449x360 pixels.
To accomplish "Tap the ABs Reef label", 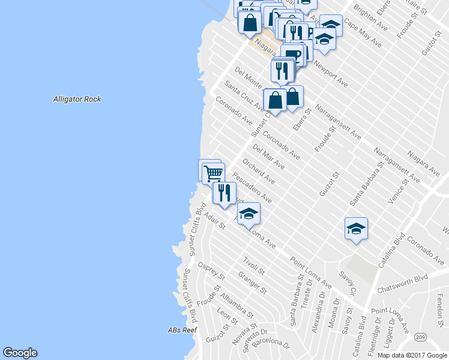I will point(182,330).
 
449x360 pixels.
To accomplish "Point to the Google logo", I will point(20,353).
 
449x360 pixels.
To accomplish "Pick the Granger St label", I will point(252,283).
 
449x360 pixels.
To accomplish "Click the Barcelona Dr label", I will point(271,344).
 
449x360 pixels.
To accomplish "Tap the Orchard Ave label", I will point(259,172).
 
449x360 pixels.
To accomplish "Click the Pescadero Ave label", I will point(252,187).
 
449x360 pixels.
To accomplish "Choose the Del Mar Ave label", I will point(268,156).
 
